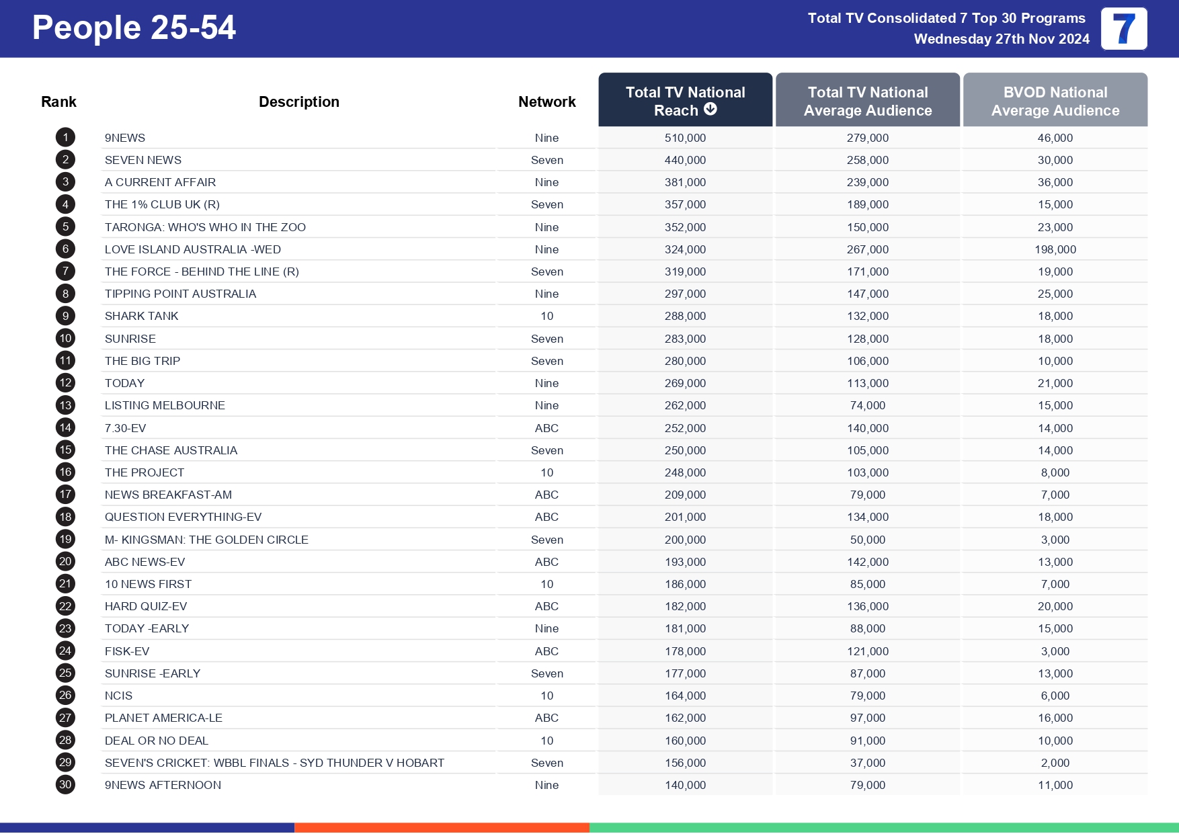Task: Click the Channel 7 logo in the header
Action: tap(1123, 29)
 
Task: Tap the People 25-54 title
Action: tap(134, 28)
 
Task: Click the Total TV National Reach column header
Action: tap(685, 100)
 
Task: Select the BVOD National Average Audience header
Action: tap(1055, 101)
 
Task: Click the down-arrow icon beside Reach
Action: tap(710, 109)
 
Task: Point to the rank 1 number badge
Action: tap(65, 138)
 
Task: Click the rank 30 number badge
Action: tap(65, 785)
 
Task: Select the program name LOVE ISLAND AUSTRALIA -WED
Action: tap(192, 249)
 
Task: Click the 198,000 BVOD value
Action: tap(1055, 249)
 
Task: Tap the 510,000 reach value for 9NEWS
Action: tap(685, 138)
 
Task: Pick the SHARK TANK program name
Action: tap(141, 316)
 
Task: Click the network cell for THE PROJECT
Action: tap(546, 472)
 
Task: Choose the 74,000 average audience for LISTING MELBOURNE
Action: tap(867, 405)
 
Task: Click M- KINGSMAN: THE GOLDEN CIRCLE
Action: tap(206, 540)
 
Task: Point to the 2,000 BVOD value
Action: tap(1055, 763)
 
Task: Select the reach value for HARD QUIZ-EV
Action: tap(685, 606)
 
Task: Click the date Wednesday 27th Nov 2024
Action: tap(1001, 39)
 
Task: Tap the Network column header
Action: tap(546, 101)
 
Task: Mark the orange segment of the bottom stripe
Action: tap(442, 828)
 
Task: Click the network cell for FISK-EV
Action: tap(546, 651)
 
